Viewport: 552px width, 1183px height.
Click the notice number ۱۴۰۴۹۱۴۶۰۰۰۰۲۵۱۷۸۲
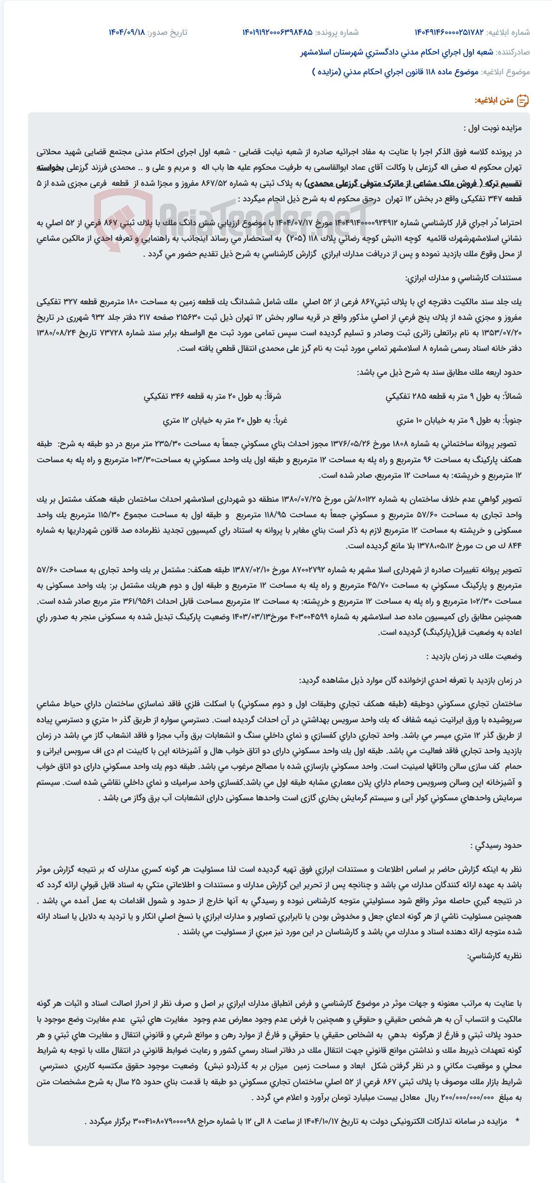(449, 32)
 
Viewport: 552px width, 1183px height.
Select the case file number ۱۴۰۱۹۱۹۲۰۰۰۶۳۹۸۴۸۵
(277, 32)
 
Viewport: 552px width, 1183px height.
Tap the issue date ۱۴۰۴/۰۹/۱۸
(127, 32)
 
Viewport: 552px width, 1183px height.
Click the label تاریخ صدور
(167, 32)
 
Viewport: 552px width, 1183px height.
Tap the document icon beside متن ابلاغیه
(523, 101)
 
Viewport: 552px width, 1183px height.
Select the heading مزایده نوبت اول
(492, 128)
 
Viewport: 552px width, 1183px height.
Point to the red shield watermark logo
(124, 221)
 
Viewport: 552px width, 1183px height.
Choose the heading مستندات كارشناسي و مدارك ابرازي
(463, 278)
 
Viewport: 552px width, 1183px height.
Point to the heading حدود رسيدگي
(496, 845)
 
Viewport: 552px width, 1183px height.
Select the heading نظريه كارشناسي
(494, 956)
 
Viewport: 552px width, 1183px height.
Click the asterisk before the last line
(517, 1121)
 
